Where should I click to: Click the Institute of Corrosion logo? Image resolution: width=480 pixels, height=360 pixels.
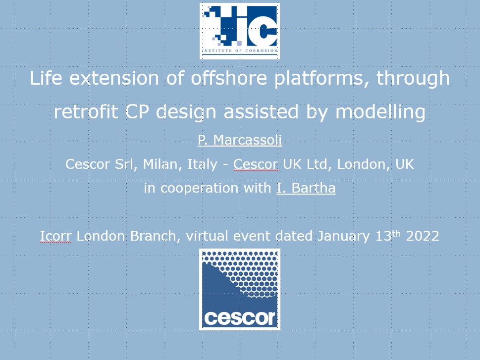(x=240, y=31)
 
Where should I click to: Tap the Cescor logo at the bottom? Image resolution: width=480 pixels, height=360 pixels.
(x=240, y=289)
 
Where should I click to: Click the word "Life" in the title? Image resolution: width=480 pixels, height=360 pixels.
(x=46, y=78)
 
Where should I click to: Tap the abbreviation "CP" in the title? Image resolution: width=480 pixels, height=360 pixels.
(x=137, y=111)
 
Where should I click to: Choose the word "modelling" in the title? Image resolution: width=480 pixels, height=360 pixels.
(x=380, y=112)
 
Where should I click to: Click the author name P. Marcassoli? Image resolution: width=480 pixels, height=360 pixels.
(x=240, y=140)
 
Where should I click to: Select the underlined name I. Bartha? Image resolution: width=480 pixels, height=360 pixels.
(x=306, y=188)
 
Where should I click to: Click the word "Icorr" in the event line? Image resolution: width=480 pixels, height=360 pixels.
(x=55, y=236)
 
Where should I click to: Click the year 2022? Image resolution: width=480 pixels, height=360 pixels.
(x=423, y=236)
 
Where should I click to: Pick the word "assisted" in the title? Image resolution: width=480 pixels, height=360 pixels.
(x=261, y=111)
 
